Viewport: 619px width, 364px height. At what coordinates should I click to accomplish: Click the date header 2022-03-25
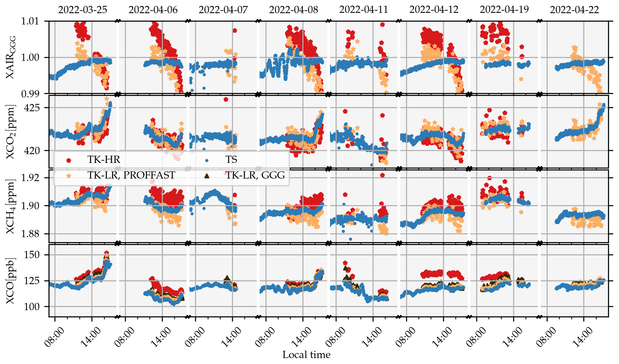[x=83, y=10]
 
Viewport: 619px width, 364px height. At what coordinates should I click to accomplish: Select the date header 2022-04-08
[x=293, y=10]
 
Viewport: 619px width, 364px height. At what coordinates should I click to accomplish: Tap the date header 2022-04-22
[x=574, y=10]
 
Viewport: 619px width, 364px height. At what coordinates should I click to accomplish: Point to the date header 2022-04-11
[x=364, y=10]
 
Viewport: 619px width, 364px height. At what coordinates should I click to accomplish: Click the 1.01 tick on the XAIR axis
[x=30, y=21]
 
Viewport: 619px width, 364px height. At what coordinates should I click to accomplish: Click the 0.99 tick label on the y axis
[x=30, y=94]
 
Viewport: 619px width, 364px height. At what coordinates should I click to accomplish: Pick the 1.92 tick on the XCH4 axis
[x=30, y=178]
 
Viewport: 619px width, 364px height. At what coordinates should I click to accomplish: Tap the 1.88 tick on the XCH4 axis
[x=30, y=234]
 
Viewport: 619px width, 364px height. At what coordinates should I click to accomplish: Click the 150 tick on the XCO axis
[x=32, y=255]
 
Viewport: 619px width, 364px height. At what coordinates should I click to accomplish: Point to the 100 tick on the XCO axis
[x=32, y=306]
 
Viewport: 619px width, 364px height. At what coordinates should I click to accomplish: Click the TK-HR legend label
[x=104, y=159]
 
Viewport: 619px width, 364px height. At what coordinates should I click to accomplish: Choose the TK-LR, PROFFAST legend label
[x=131, y=175]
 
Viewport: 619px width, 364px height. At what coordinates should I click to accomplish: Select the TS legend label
[x=231, y=159]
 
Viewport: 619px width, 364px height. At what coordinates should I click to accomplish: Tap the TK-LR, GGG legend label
[x=255, y=175]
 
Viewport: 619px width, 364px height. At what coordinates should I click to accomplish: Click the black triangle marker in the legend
[x=207, y=176]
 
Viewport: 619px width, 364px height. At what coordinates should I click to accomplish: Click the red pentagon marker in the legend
[x=69, y=160]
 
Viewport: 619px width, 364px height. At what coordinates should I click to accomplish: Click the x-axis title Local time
[x=306, y=355]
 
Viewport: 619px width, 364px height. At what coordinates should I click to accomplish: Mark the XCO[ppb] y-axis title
[x=11, y=281]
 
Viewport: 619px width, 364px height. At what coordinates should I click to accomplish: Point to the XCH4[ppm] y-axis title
[x=11, y=207]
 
